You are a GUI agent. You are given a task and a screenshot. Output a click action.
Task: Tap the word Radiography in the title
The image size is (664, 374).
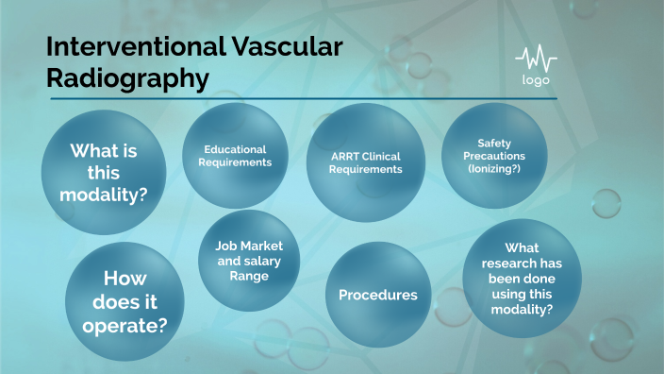127,78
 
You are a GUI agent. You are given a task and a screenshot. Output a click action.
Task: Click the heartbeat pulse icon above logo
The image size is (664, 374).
536,59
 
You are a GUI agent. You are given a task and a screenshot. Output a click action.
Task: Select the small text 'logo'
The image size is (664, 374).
536,79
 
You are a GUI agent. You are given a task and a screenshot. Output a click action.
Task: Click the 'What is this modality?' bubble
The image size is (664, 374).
105,169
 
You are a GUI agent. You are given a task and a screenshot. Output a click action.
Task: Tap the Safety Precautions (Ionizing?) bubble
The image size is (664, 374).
495,156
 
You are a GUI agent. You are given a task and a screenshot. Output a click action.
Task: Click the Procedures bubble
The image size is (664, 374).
377,295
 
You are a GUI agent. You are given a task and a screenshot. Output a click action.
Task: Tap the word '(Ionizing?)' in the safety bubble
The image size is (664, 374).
495,168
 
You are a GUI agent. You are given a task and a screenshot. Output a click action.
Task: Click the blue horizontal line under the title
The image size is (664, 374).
302,98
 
